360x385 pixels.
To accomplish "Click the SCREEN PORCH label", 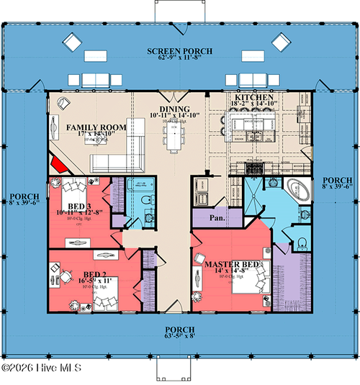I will pyautogui.click(x=179, y=50).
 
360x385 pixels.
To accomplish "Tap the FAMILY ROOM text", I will pyautogui.click(x=96, y=127).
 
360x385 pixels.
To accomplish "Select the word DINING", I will pyautogui.click(x=169, y=107).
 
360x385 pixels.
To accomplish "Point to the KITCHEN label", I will pyautogui.click(x=254, y=96).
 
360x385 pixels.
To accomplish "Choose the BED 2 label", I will pyautogui.click(x=94, y=275).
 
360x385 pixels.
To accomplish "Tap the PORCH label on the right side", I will pyautogui.click(x=337, y=180).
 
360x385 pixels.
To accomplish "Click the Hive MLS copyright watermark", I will pyautogui.click(x=41, y=368).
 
